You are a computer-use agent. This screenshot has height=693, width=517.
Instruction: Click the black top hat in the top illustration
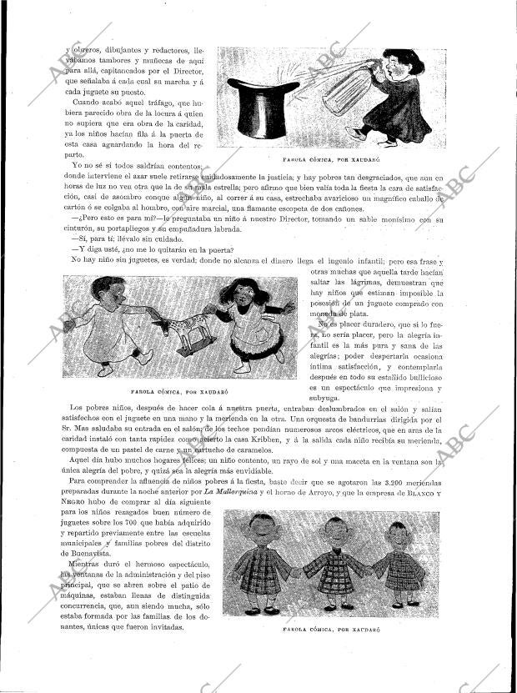[264, 109]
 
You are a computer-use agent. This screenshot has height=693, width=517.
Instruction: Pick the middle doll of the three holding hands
[335, 562]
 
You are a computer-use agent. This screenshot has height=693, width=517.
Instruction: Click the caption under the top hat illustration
[321, 158]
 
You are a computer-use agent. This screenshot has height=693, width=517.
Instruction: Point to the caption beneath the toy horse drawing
[180, 389]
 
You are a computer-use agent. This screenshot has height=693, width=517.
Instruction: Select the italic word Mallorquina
[233, 493]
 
